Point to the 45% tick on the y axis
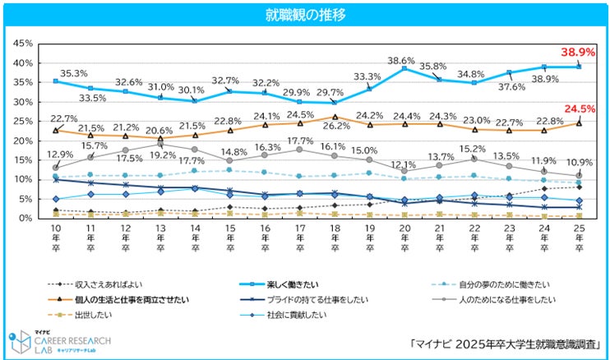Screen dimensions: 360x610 (x=22, y=44)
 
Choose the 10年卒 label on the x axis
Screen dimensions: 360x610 (x=55, y=238)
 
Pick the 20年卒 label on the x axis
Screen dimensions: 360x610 (x=404, y=238)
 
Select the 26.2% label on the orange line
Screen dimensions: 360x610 (x=335, y=127)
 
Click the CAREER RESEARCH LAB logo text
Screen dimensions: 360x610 (x=72, y=339)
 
